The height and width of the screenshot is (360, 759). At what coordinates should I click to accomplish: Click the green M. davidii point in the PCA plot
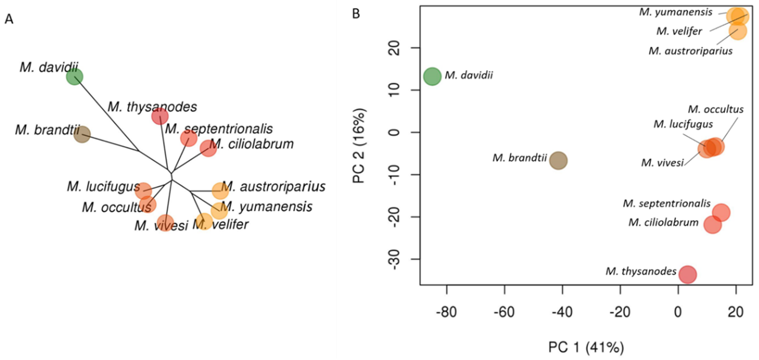pos(432,76)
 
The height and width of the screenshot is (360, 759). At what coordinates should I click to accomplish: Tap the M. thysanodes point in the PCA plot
pos(687,274)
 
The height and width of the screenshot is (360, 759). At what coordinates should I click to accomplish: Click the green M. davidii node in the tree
pos(75,77)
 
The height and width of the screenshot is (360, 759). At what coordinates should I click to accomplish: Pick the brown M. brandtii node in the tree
pos(82,134)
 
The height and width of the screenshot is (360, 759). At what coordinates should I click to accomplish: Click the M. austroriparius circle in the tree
pos(220,191)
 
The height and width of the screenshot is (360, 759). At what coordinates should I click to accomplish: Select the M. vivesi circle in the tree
pos(166,223)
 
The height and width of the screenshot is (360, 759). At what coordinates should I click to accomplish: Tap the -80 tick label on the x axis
pos(446,312)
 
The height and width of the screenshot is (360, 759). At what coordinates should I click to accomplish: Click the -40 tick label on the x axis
pos(562,312)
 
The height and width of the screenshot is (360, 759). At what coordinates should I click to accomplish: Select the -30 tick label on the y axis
pos(395,259)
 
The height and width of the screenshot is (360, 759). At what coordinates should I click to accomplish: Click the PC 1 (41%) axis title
pos(586,347)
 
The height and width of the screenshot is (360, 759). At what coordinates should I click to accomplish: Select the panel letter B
pos(356,14)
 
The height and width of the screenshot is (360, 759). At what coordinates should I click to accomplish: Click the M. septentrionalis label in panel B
pos(666,203)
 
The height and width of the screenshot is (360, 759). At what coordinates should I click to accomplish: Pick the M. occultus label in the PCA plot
pos(715,109)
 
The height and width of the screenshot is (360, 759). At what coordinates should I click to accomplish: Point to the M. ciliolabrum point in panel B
pos(712,225)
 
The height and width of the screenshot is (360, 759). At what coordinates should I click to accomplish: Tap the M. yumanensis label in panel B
pos(676,12)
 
